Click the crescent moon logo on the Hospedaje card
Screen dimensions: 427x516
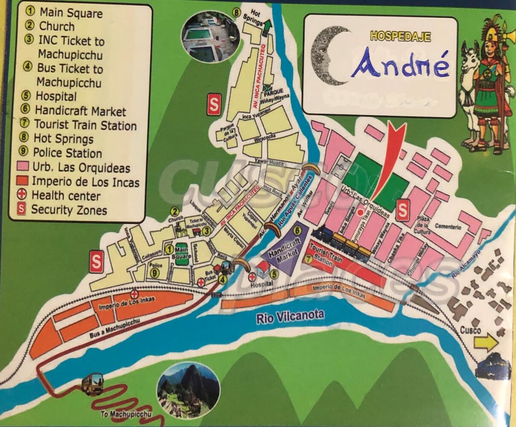click(x=328, y=56)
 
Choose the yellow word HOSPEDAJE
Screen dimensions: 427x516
click(x=400, y=36)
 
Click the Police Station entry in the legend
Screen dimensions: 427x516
click(x=67, y=153)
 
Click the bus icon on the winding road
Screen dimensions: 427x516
click(x=92, y=383)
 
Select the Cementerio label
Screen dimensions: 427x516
click(x=448, y=227)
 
